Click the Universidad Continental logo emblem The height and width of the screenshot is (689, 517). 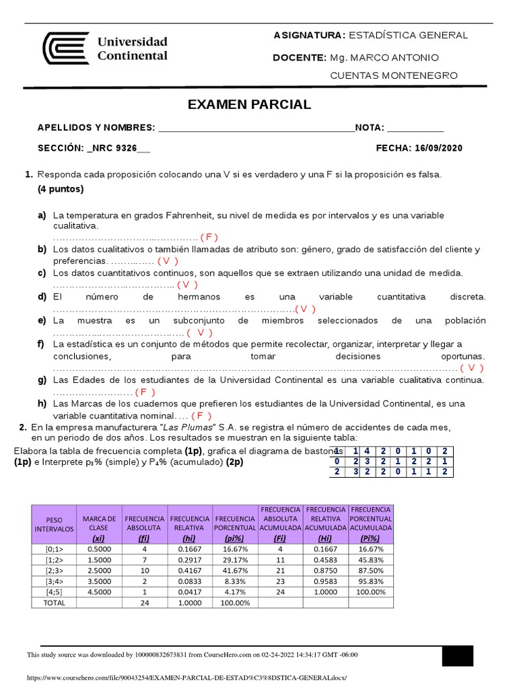65,48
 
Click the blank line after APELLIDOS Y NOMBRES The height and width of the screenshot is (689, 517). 255,129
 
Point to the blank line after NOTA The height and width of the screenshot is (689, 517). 415,129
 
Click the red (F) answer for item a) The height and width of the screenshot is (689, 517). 209,237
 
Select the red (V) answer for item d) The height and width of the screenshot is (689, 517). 305,309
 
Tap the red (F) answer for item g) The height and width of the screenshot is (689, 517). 145,392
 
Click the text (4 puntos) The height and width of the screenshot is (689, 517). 61,189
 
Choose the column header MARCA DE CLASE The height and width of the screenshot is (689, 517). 99,523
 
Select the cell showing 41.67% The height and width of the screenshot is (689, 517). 235,571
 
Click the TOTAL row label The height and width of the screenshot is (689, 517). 55,603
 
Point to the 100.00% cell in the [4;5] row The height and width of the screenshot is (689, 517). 371,592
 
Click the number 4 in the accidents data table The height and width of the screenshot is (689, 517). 367,451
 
